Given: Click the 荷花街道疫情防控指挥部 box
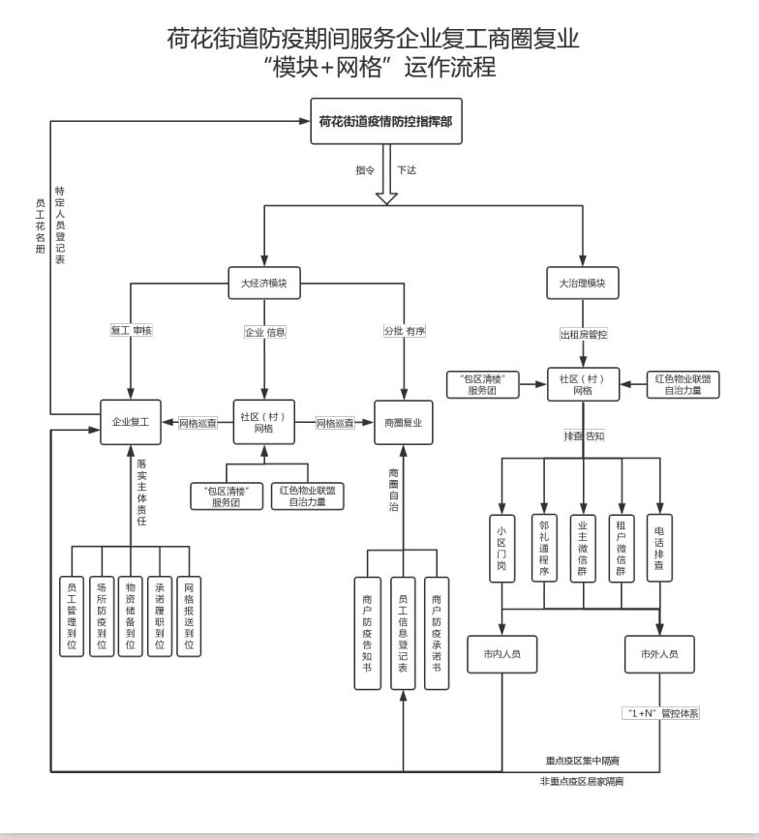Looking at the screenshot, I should coord(386,122).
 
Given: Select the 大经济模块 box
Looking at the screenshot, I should coord(264,283).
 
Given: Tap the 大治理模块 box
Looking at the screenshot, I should coord(582,283).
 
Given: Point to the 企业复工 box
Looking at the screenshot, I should coord(131,422).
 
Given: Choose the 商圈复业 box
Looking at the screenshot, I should coord(404,422).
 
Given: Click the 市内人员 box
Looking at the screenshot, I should coord(502,654).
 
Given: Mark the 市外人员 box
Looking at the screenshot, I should coord(658,654).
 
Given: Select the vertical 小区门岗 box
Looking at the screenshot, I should coord(502,549).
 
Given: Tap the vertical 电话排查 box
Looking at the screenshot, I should coord(658,549).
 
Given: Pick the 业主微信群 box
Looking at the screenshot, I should coord(582,549).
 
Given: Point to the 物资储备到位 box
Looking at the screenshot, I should coord(131,615).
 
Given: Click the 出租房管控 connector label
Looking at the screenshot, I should coord(582,334).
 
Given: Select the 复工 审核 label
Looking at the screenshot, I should coord(131,331).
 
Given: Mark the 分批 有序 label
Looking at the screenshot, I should coord(404,331).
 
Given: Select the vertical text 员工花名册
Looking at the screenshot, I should coord(40,225).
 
